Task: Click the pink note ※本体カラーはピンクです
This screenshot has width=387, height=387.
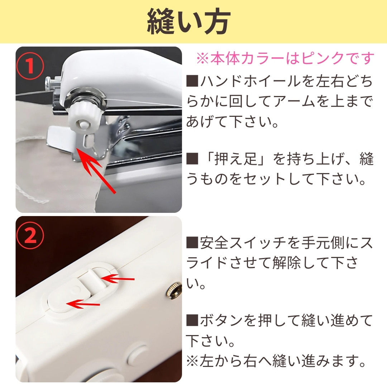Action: [285, 58]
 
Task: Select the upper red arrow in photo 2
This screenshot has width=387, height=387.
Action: [117, 279]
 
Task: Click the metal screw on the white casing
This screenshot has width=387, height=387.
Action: [174, 290]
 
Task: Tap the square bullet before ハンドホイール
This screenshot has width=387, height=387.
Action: [192, 81]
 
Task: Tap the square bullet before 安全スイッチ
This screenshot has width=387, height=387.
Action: [192, 243]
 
